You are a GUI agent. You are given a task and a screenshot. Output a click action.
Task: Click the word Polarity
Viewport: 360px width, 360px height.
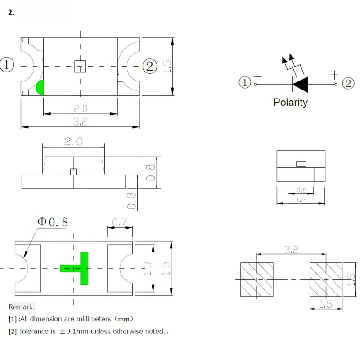290,103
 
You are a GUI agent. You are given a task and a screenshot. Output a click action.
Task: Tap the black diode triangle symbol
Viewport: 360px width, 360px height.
301,85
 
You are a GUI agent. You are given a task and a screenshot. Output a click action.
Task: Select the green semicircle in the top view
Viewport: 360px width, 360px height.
40,87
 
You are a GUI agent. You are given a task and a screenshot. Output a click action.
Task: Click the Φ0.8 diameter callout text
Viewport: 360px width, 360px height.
53,222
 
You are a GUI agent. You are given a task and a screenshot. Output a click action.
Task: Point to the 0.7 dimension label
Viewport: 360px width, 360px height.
119,222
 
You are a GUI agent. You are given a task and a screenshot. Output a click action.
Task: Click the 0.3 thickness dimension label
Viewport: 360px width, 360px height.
131,201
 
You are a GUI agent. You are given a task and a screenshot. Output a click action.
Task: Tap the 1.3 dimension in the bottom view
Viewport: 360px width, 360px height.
147,268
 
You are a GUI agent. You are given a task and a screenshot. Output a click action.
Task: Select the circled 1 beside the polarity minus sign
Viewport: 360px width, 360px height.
245,83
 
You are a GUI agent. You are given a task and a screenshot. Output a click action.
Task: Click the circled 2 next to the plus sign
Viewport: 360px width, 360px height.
348,83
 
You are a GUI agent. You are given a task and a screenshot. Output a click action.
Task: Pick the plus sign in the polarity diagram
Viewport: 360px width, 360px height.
334,75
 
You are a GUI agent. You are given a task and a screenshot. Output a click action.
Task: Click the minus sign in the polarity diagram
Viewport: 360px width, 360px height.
258,76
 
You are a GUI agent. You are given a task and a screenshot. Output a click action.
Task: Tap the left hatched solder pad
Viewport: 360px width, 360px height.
256,279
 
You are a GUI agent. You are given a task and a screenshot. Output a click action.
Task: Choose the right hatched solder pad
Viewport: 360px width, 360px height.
326,279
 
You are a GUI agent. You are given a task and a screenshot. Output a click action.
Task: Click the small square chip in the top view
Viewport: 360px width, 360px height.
80,66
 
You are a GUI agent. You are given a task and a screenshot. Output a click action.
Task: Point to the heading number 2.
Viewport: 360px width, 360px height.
11,13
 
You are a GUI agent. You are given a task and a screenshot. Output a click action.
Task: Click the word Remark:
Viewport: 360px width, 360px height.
22,306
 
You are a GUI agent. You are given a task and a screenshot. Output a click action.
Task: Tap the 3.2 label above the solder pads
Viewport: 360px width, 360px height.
291,249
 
